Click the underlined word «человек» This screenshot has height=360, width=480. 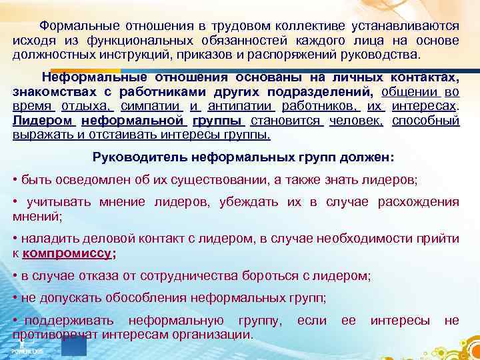(x=355, y=121)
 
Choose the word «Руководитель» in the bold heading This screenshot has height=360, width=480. (x=137, y=159)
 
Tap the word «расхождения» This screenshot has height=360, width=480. (x=421, y=202)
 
